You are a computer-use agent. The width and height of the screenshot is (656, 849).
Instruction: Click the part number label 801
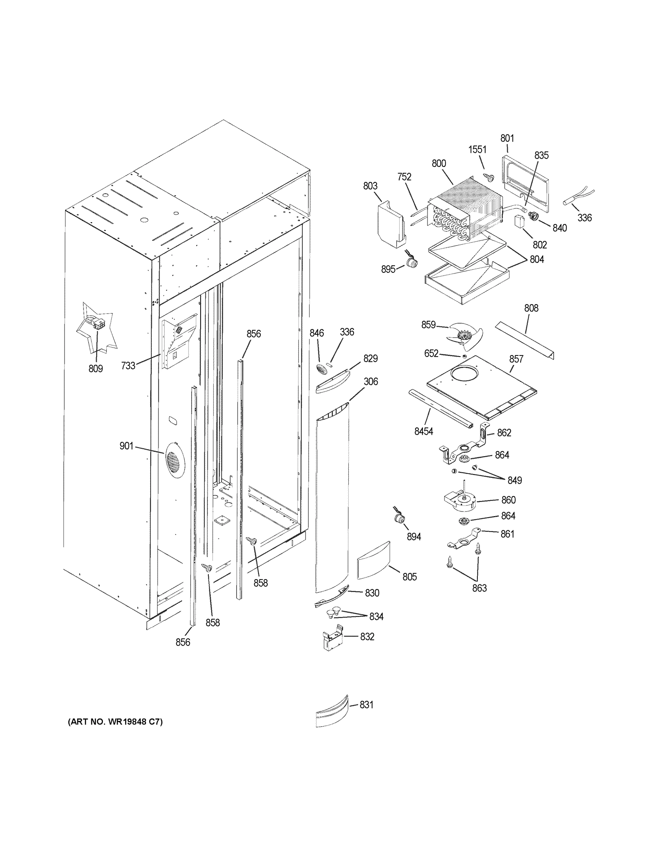point(507,138)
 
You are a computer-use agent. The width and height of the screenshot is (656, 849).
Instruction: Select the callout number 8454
point(424,431)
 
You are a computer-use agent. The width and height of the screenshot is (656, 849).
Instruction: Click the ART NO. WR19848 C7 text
point(115,722)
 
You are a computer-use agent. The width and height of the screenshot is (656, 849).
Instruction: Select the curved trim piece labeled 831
point(331,711)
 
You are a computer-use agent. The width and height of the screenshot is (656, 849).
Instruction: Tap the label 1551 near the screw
point(477,150)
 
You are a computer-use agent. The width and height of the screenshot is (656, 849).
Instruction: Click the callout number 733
point(128,365)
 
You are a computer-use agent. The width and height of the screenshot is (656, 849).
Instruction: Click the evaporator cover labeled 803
point(390,224)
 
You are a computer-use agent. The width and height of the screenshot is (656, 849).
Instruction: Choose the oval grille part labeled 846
point(322,369)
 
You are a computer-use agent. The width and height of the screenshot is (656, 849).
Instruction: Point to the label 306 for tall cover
point(370,381)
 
